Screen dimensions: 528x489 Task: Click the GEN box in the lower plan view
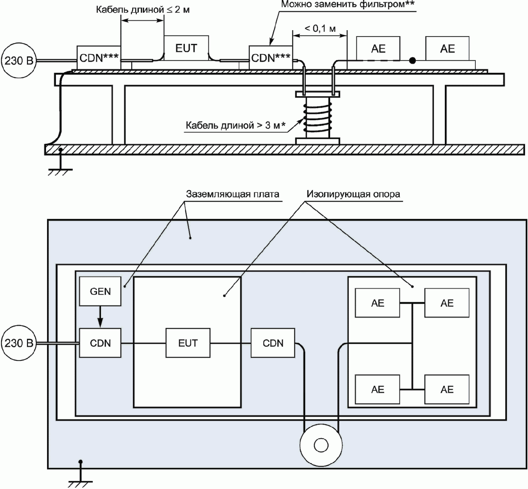(100, 291)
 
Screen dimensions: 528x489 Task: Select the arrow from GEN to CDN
(100, 317)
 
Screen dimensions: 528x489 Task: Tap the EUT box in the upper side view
(186, 48)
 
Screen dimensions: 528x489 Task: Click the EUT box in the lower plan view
(188, 343)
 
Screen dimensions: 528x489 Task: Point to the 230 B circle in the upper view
(19, 60)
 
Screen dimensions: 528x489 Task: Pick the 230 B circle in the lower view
(19, 343)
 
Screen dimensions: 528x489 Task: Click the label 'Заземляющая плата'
(232, 194)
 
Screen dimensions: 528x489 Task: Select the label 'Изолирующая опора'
(353, 194)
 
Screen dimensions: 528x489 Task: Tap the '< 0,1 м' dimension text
(320, 29)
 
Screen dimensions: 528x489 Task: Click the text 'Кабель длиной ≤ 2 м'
(143, 10)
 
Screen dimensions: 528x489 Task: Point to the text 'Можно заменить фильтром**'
(348, 4)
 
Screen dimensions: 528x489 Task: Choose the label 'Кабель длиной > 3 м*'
(235, 125)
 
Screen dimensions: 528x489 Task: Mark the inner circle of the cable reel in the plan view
(321, 445)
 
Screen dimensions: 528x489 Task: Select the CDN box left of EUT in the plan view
(100, 343)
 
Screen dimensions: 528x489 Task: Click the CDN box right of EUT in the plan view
(273, 343)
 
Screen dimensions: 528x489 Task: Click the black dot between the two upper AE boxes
(413, 60)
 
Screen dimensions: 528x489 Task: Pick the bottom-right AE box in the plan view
(447, 389)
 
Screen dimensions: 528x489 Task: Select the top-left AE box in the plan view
(377, 303)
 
